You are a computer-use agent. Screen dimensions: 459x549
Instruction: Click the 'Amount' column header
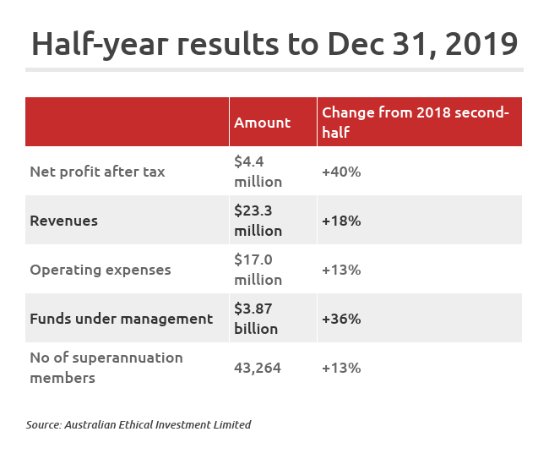[262, 123]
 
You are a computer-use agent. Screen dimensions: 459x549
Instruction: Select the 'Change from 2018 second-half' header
[415, 123]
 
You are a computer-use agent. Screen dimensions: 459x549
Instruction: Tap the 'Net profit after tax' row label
[97, 172]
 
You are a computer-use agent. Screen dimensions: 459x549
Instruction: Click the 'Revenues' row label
[64, 221]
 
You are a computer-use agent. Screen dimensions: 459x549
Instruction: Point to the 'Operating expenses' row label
[101, 270]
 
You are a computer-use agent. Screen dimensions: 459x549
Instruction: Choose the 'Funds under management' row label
[121, 319]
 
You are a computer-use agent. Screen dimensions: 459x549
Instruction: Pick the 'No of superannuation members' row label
[106, 368]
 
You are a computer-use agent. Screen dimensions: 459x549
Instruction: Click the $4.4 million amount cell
[258, 171]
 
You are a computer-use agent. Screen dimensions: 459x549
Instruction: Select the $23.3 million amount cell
[258, 220]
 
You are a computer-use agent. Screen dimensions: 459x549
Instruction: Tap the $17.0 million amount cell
[258, 269]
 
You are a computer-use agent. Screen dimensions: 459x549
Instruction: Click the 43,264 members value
[258, 368]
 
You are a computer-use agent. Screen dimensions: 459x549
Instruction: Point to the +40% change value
[341, 172]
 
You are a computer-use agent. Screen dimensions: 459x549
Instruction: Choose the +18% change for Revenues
[341, 221]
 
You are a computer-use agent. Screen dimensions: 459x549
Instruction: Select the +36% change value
[341, 319]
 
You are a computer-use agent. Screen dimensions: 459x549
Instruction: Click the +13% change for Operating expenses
[341, 270]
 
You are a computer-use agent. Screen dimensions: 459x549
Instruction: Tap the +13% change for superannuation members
[341, 368]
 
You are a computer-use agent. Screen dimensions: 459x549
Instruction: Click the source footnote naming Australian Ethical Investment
[139, 424]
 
